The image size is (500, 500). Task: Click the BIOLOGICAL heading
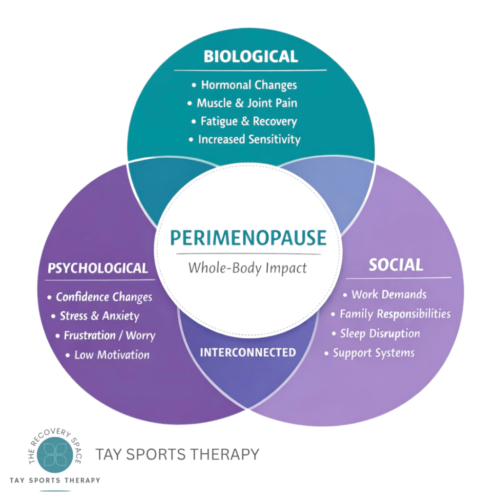tap(250, 57)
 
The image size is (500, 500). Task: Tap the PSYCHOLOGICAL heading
tap(98, 268)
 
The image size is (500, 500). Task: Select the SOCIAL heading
tap(396, 265)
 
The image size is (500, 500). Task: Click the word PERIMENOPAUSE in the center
tap(248, 238)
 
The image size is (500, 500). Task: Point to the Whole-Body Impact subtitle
tap(248, 268)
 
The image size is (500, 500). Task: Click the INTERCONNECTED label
tap(248, 352)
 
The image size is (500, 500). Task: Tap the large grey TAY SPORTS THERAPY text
tap(177, 455)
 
